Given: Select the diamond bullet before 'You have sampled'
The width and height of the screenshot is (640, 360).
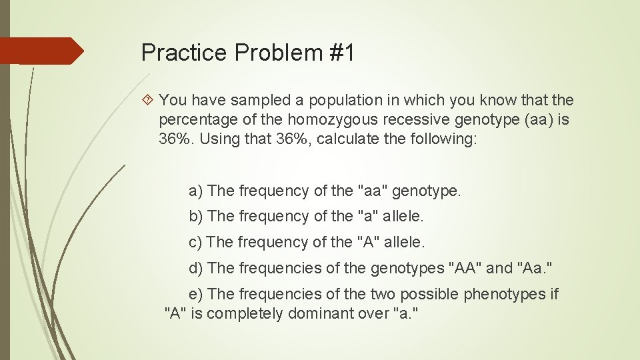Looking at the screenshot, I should coord(149,101).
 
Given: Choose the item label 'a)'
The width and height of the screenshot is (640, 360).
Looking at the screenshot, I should coord(196,191).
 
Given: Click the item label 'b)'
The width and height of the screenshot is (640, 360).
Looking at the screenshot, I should coord(196,217).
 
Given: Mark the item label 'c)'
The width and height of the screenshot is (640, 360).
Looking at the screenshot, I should coord(196,242).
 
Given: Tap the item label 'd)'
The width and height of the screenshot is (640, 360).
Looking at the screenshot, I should coord(196,268).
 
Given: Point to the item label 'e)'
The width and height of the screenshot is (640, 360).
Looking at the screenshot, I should coord(196,294).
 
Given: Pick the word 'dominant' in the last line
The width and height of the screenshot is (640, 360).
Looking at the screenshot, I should coord(320,313).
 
